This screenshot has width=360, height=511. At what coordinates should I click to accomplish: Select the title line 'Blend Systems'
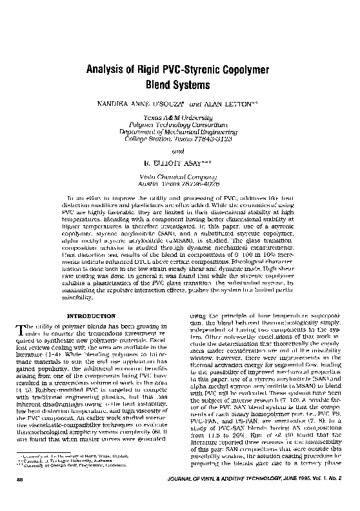[179, 85]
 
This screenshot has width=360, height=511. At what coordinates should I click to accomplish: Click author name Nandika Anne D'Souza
[143, 103]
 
